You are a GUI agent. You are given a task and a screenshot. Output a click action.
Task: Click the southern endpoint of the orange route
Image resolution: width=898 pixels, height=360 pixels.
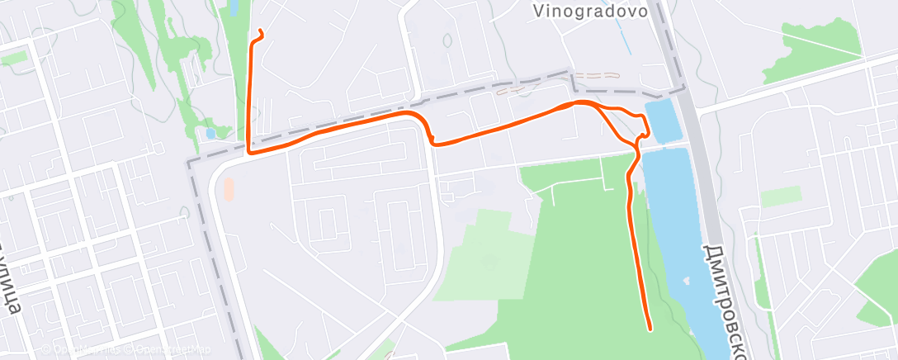pos(650,329)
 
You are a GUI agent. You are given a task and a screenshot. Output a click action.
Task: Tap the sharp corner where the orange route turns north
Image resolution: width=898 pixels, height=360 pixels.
pos(249,152)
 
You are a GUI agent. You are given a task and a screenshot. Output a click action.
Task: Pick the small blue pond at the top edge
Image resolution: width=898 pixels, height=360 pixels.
pos(234,8)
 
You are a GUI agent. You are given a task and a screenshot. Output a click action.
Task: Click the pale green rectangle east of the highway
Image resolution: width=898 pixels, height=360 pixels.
pos(780,197)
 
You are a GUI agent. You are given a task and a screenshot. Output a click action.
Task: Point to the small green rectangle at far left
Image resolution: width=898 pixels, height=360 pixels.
pos(15,57)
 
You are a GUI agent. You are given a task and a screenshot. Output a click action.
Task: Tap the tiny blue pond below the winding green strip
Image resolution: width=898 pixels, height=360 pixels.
pos(211,133)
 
